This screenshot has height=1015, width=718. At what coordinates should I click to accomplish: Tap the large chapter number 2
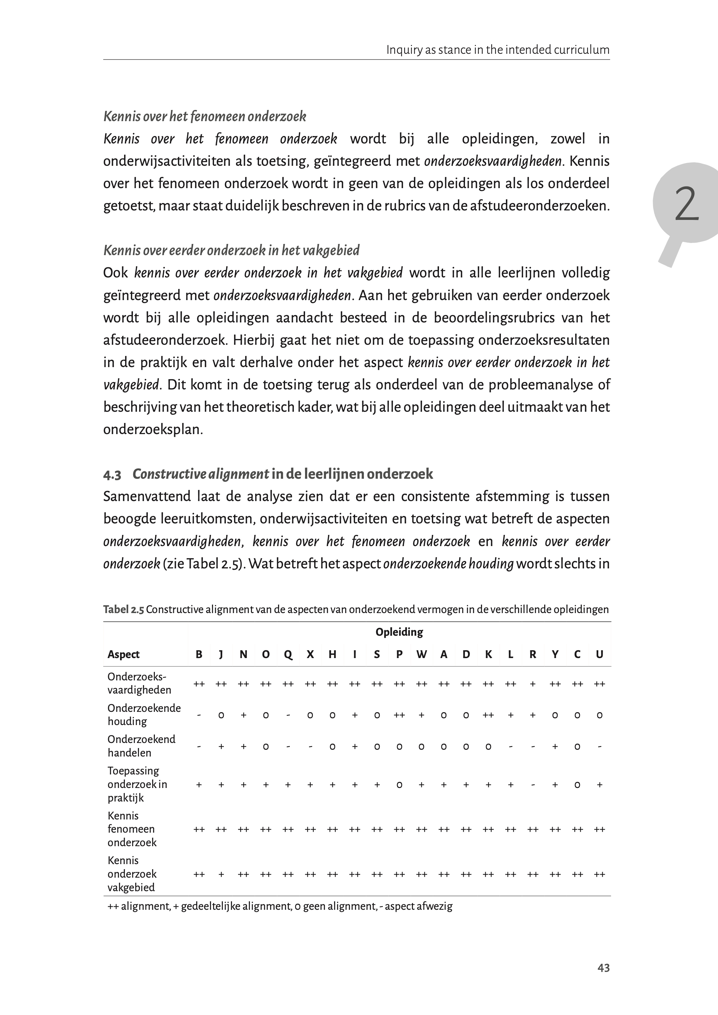click(686, 204)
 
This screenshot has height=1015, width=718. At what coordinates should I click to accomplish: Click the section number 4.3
click(112, 475)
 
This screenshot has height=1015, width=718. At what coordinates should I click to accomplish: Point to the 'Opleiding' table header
click(399, 632)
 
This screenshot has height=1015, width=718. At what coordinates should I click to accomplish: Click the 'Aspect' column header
click(123, 655)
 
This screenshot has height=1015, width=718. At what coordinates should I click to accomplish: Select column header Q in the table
click(288, 655)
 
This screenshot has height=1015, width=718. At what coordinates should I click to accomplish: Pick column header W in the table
click(421, 655)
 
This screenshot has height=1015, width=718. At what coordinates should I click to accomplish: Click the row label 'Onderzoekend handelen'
click(141, 746)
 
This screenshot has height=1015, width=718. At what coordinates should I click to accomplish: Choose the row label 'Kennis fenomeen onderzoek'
click(132, 829)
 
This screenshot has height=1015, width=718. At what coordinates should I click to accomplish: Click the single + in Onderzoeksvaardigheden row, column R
click(533, 684)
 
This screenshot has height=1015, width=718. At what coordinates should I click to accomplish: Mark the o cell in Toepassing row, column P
click(399, 785)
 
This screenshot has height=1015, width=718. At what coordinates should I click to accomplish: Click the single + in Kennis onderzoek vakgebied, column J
click(221, 874)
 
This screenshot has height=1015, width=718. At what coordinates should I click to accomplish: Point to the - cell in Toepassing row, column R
click(533, 785)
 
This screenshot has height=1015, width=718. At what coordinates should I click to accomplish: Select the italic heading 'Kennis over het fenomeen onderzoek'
click(205, 116)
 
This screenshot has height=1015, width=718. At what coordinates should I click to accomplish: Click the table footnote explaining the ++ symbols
click(280, 906)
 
